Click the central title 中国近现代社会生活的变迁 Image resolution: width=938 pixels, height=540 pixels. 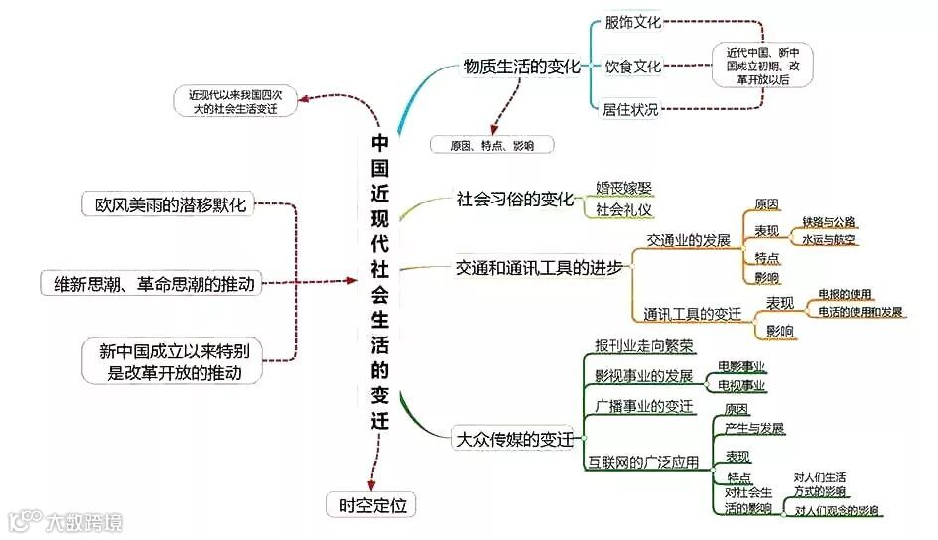tap(379, 282)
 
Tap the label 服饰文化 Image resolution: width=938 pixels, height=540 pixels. tap(632, 22)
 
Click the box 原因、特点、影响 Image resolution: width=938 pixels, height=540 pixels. tap(491, 145)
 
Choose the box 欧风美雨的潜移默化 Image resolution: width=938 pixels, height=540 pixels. tap(165, 205)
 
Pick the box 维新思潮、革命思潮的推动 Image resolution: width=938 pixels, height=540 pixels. tap(154, 284)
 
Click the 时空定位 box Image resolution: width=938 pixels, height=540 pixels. tap(372, 505)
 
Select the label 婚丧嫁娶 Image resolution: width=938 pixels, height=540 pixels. tap(624, 188)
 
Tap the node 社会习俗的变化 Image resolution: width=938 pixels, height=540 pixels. tap(515, 198)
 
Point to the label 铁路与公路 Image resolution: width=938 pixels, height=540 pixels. tap(829, 221)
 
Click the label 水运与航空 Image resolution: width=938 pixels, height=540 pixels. tap(829, 240)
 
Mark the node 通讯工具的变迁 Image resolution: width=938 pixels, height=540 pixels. tap(692, 314)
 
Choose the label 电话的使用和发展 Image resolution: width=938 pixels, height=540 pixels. tap(861, 312)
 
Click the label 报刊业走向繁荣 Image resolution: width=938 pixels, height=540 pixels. tap(644, 345)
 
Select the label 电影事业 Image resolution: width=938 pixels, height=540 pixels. tap(741, 367)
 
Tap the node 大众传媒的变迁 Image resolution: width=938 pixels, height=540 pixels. tap(513, 438)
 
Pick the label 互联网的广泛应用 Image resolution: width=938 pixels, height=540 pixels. tap(645, 462)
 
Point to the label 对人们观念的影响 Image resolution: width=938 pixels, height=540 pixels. tap(837, 511)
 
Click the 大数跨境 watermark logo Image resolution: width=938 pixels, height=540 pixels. tap(65, 519)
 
